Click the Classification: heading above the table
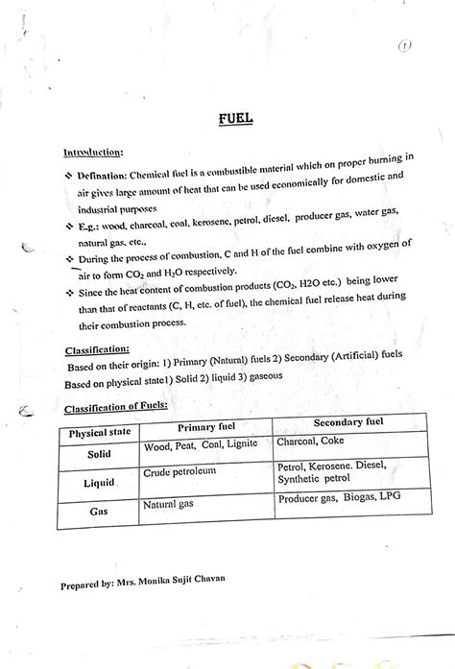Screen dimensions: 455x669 100,349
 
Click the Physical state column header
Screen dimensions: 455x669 99,433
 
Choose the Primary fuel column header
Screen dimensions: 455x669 205,428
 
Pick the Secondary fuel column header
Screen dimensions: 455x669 348,423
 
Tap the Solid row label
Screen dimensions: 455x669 100,454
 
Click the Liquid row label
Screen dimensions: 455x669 101,483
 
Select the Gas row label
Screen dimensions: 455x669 99,512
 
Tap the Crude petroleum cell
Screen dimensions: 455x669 180,471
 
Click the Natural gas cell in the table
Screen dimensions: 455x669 171,504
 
